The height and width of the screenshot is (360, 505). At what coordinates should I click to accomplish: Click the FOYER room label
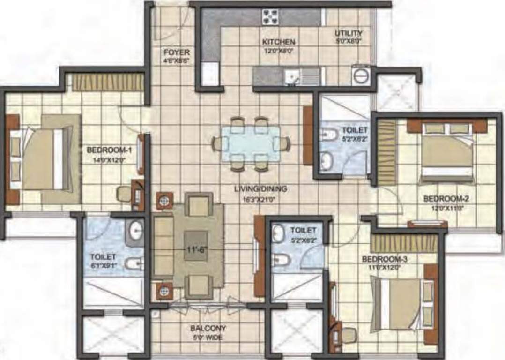pyautogui.click(x=177, y=52)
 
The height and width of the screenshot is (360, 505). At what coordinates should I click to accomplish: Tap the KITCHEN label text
pyautogui.click(x=278, y=42)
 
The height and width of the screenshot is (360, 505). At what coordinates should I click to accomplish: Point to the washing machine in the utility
pyautogui.click(x=361, y=75)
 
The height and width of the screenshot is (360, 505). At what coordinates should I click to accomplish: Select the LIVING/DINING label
pyautogui.click(x=260, y=189)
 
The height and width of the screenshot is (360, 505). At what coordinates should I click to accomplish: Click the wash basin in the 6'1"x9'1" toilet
pyautogui.click(x=135, y=230)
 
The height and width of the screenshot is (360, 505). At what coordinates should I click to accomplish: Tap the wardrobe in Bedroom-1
pyautogui.click(x=108, y=82)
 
